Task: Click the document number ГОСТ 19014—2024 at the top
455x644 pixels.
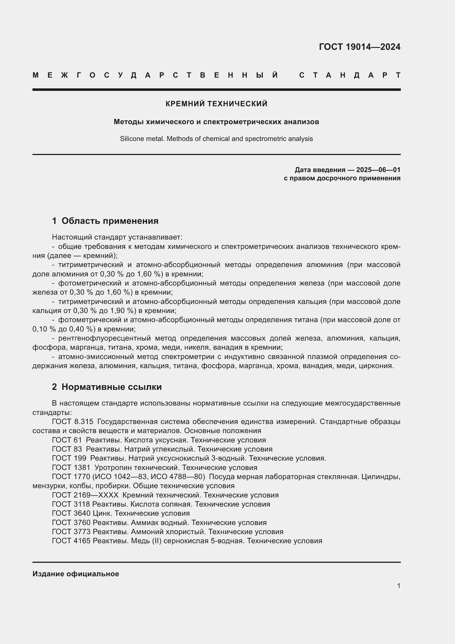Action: (x=360, y=47)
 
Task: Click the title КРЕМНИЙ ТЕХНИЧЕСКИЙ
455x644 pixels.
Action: (x=216, y=104)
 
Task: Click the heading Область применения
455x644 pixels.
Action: (x=110, y=221)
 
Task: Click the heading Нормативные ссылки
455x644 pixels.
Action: (x=111, y=387)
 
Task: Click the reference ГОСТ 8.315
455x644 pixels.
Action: (x=72, y=422)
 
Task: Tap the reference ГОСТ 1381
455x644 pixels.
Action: (x=71, y=468)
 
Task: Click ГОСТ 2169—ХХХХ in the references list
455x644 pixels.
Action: (x=85, y=495)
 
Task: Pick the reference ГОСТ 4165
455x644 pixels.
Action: (x=71, y=541)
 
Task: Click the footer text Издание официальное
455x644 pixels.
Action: (x=76, y=574)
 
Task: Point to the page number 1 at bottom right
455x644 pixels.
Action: (x=398, y=586)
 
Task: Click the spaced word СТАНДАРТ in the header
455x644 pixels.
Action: (x=349, y=75)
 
